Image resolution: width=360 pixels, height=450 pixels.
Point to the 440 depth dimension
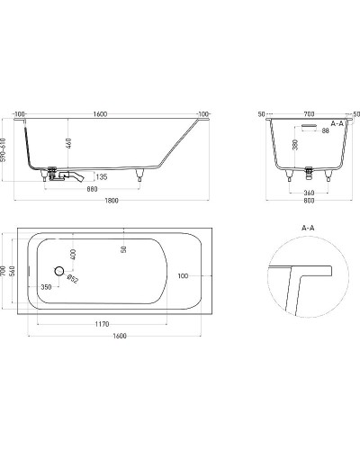click(x=69, y=144)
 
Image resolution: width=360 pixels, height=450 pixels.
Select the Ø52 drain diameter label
click(x=72, y=278)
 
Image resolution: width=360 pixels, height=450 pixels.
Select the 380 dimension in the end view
click(x=294, y=144)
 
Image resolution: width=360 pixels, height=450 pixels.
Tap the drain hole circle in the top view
click(x=59, y=271)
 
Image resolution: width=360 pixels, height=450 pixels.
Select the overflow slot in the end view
click(x=309, y=125)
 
